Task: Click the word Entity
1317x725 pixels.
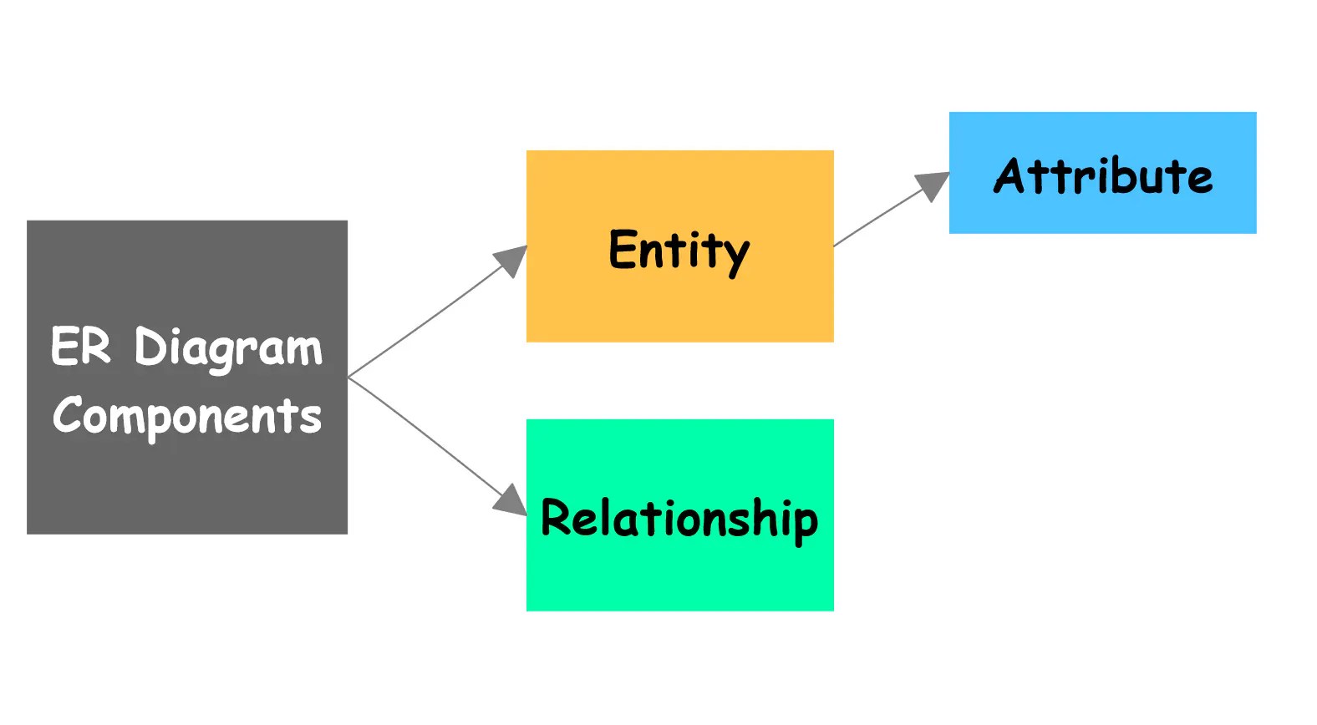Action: pos(679,250)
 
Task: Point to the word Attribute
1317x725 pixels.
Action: pos(1103,176)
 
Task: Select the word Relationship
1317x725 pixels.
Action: pos(679,519)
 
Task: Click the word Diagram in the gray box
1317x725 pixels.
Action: pos(227,347)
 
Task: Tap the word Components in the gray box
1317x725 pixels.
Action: pos(186,415)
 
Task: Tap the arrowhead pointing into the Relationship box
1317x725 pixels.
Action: pos(511,499)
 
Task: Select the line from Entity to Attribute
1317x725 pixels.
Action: pos(877,219)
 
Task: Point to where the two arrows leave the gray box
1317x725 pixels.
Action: pos(348,377)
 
